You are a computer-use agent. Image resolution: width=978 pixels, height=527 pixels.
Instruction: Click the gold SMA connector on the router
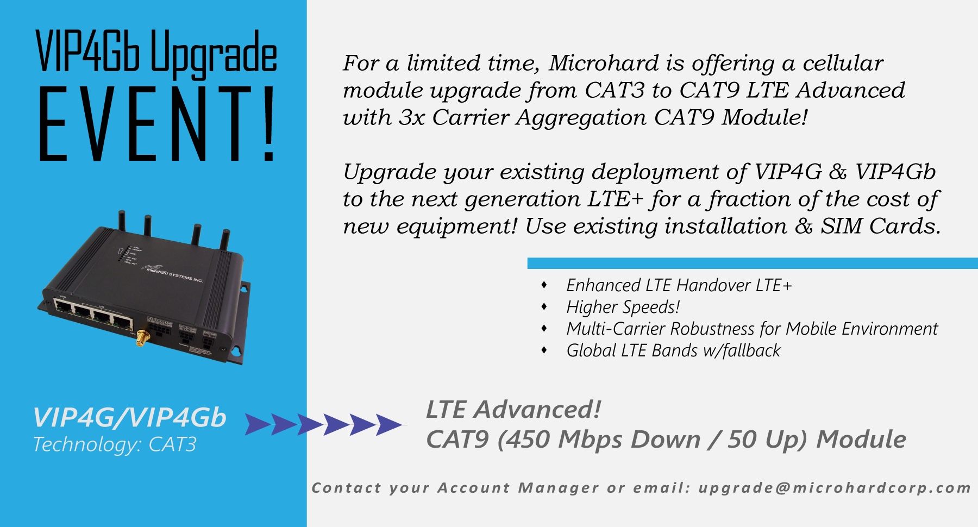pos(142,338)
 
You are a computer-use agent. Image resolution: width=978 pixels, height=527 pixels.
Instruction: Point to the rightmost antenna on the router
pos(224,239)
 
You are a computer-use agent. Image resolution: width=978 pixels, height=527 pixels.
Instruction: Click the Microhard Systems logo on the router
pos(173,273)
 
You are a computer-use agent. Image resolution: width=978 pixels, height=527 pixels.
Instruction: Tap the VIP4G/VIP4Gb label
pos(129,418)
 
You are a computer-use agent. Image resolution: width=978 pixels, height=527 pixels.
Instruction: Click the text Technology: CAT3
pos(115,444)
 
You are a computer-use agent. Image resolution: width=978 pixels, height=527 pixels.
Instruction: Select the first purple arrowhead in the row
pos(258,424)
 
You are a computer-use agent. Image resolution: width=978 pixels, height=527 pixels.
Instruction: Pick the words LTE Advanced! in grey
pos(513,410)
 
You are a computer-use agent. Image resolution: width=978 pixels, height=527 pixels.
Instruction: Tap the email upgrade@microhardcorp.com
pos(835,488)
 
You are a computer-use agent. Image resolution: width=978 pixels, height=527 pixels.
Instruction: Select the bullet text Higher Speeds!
pos(623,307)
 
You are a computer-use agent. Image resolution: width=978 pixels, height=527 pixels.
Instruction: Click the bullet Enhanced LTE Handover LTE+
pos(679,285)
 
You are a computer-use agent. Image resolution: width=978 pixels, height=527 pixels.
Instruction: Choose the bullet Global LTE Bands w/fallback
pos(673,350)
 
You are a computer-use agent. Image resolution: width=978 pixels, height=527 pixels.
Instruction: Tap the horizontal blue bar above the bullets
pos(753,263)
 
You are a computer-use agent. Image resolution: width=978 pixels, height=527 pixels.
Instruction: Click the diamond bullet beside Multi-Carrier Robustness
pos(544,328)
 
